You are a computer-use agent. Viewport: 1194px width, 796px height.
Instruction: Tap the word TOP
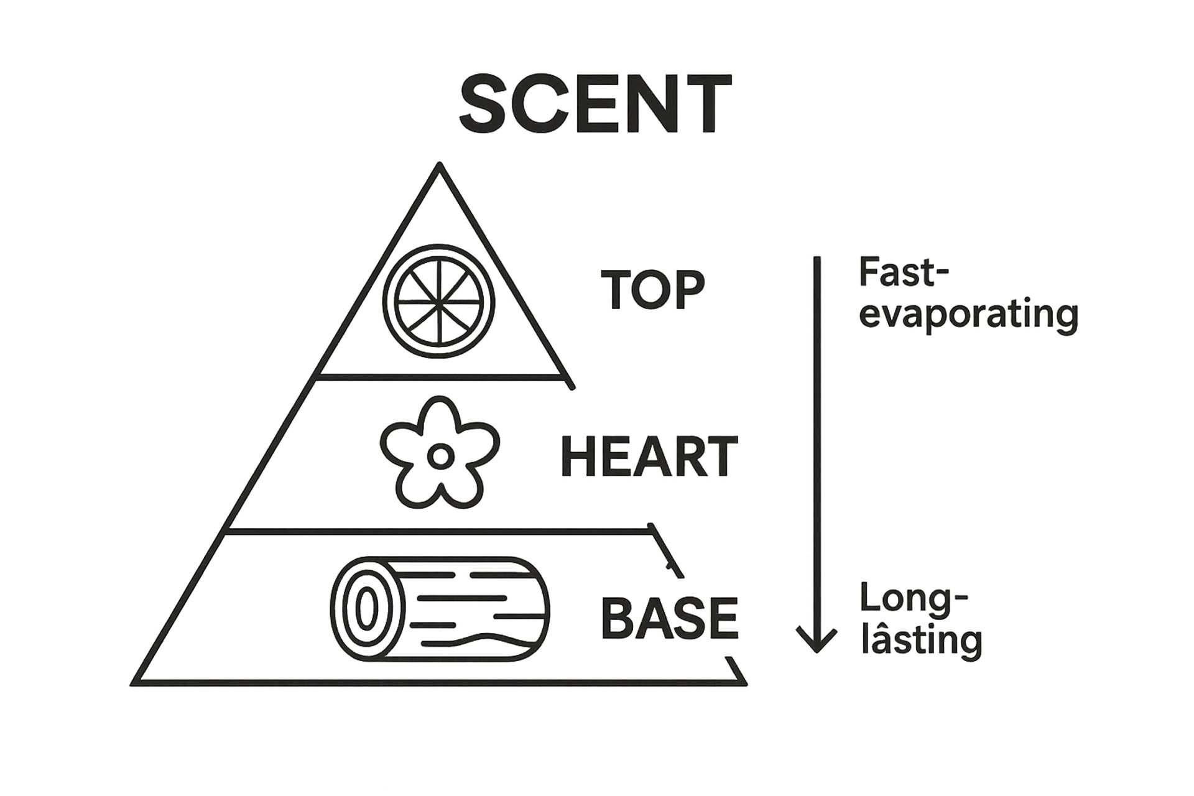click(652, 290)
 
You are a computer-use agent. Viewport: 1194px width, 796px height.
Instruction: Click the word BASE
click(669, 618)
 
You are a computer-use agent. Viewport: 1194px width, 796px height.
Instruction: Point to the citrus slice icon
click(439, 302)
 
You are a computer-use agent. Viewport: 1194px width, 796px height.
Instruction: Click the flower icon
click(440, 452)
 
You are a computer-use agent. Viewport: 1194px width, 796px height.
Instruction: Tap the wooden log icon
click(440, 609)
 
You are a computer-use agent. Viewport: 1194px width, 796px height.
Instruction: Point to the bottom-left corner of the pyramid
click(134, 683)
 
